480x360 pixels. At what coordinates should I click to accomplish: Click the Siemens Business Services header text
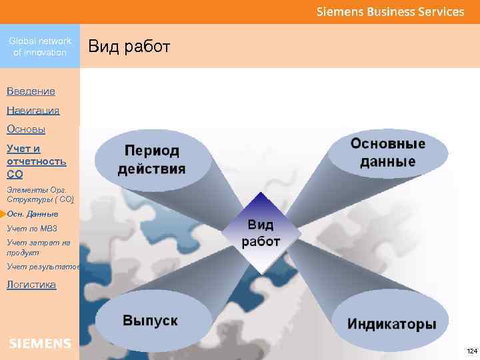coord(390,12)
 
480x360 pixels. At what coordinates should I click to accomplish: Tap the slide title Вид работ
coord(130,47)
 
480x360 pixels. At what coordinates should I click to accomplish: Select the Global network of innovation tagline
coord(40,47)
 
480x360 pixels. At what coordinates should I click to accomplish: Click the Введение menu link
coord(31,91)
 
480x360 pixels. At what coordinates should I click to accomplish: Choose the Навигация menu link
coord(33,110)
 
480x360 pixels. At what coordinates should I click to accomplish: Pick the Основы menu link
coord(26,129)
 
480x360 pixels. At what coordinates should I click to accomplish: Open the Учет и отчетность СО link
coord(36,161)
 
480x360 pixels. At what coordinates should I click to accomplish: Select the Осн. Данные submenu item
coord(33,214)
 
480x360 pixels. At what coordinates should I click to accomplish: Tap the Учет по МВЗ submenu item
coord(32,229)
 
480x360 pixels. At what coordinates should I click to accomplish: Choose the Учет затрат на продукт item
coord(38,247)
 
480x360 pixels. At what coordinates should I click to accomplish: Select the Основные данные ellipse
coord(388,153)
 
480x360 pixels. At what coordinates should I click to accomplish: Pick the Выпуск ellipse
coord(150,321)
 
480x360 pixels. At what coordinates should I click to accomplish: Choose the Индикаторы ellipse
coord(391,325)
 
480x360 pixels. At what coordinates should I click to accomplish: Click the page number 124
coord(471,351)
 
